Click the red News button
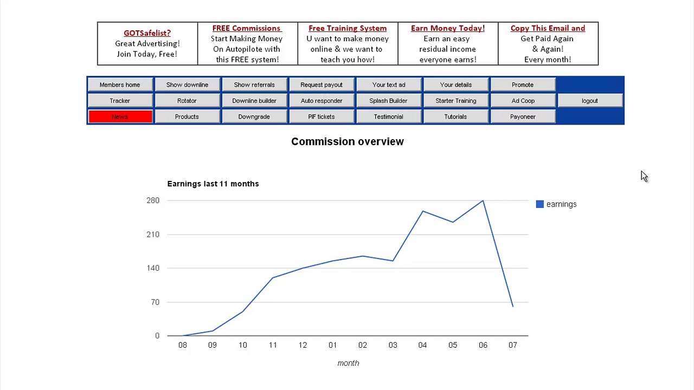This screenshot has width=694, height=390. (120, 116)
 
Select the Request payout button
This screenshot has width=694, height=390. (322, 84)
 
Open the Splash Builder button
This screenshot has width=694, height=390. (389, 101)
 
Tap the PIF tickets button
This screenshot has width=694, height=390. (322, 116)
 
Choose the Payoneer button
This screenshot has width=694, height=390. (523, 116)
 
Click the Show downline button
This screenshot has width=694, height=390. (187, 84)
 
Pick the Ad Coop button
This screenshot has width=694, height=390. (523, 101)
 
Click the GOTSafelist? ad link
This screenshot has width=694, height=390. (147, 33)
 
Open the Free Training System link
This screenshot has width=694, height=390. (348, 28)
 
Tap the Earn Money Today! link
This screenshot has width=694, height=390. (448, 28)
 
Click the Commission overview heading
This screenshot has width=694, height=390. (348, 141)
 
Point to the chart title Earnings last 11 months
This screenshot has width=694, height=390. (213, 184)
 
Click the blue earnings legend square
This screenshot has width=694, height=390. (539, 204)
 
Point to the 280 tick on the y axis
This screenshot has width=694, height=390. (153, 200)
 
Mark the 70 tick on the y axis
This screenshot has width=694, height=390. (155, 302)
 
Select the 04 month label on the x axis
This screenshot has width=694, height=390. (422, 345)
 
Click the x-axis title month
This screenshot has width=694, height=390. (348, 363)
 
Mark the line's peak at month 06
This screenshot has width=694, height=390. (483, 201)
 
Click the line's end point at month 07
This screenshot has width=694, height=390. (513, 307)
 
